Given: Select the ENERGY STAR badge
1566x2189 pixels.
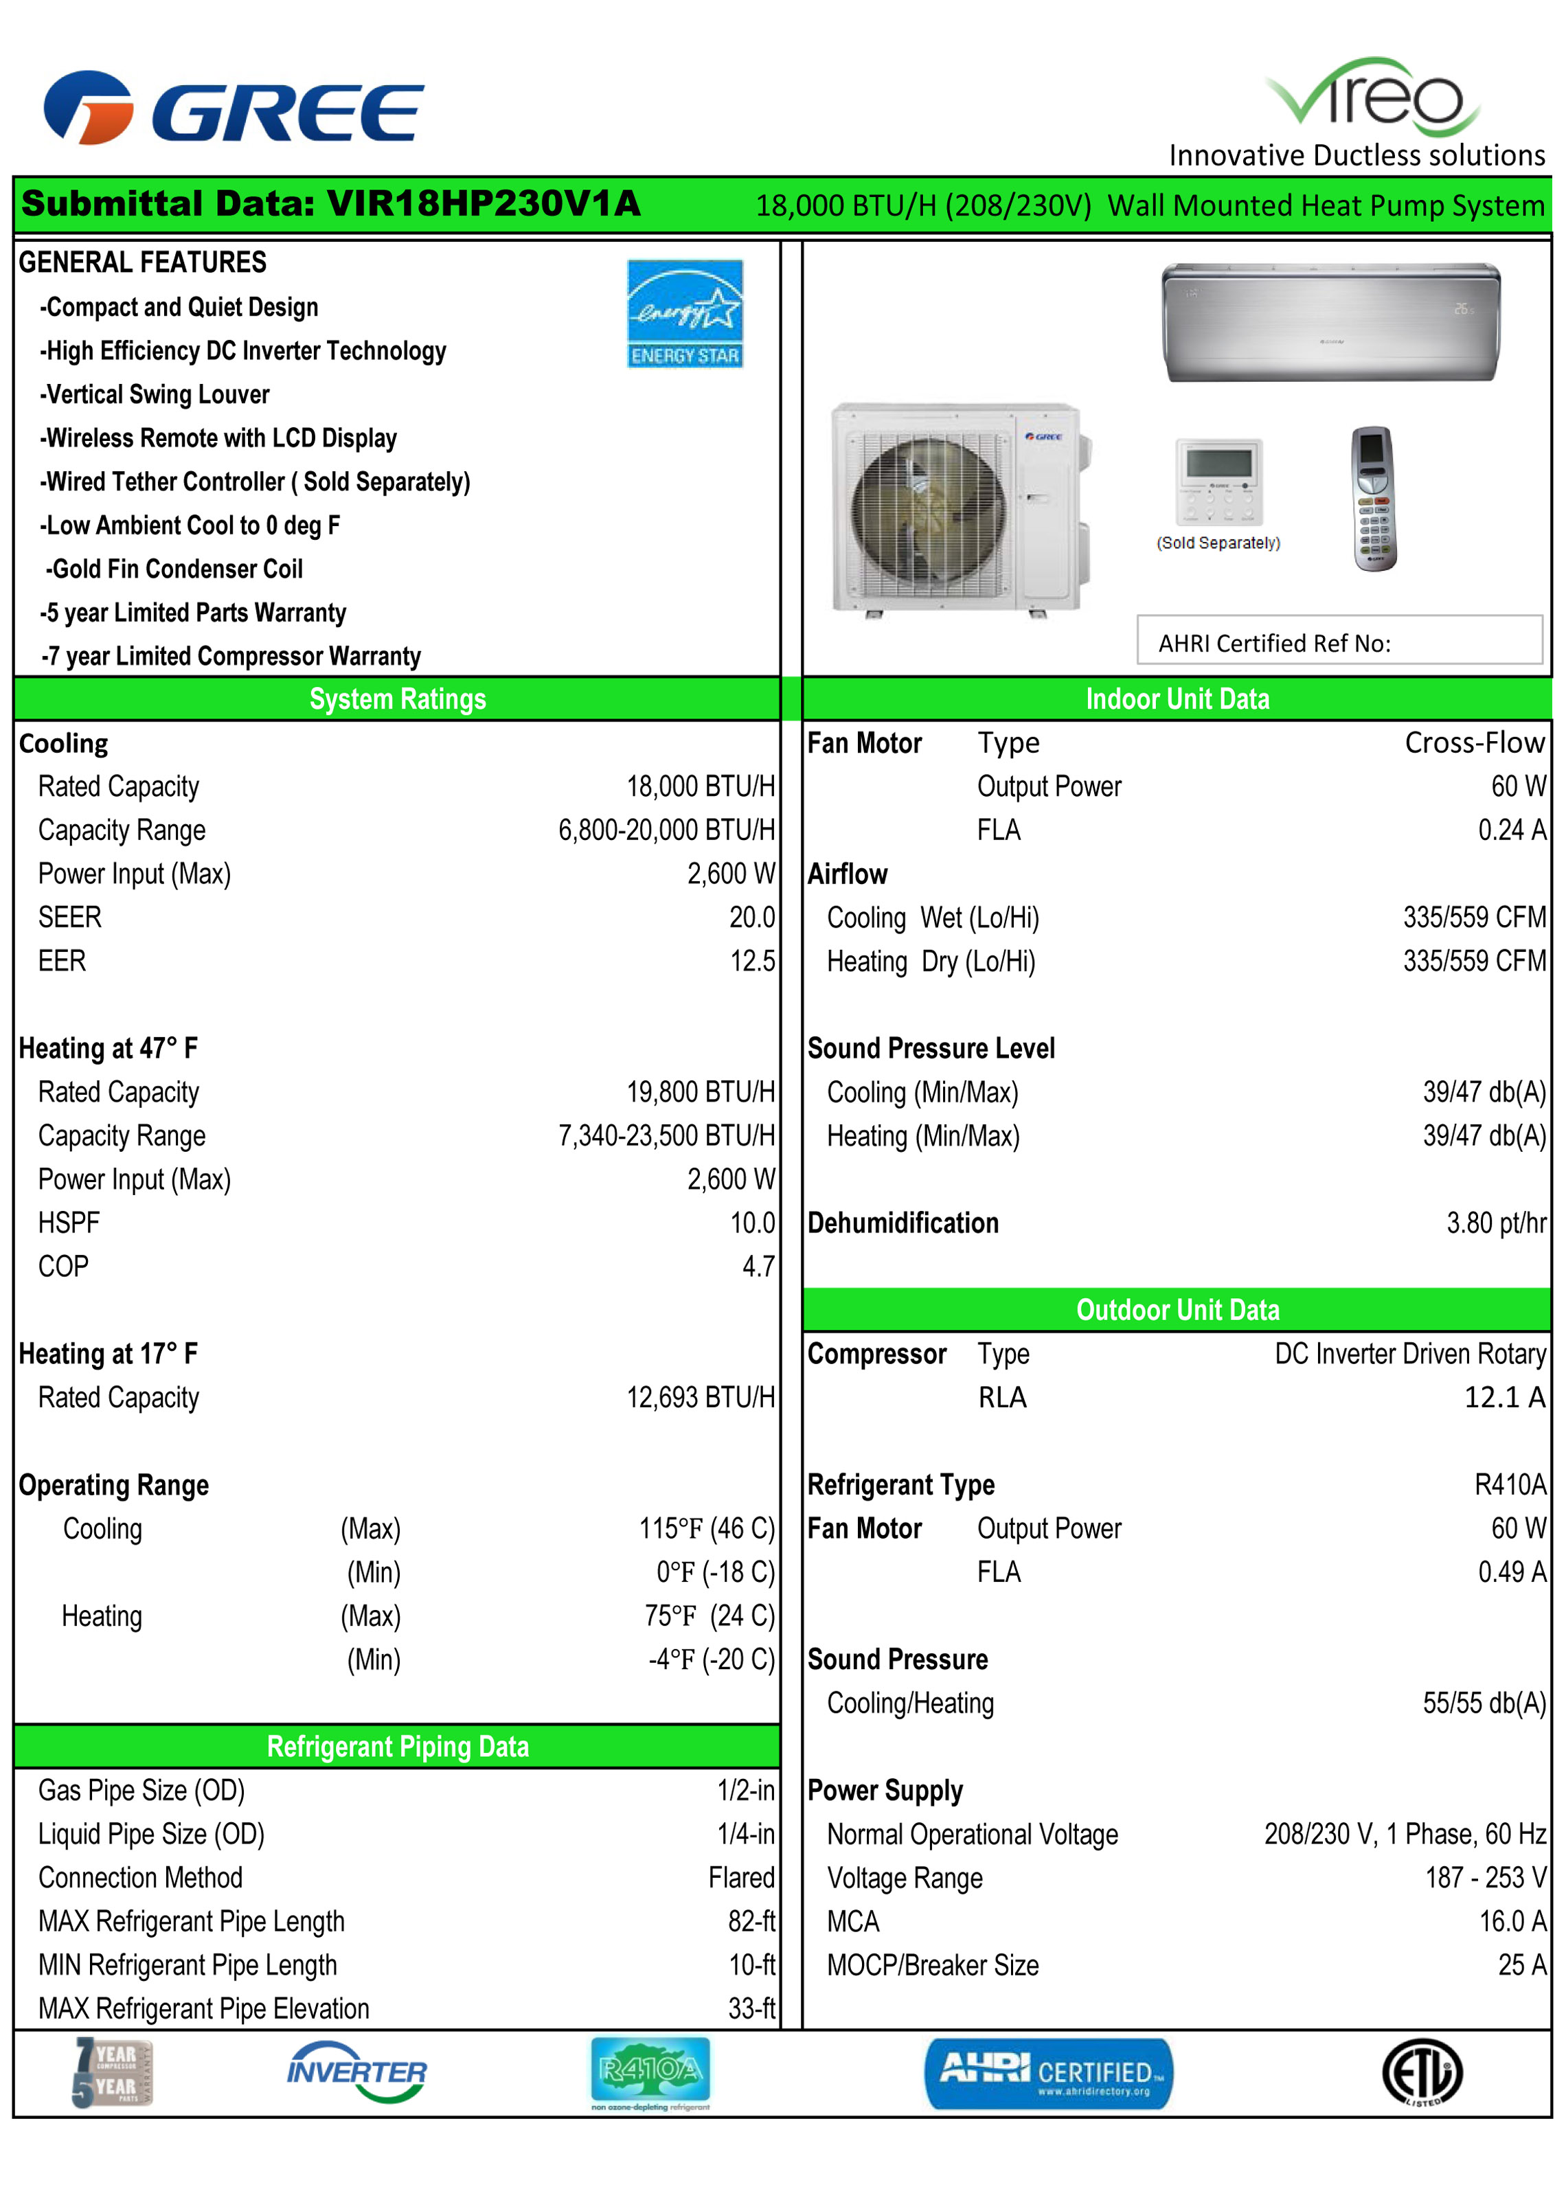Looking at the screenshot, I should click(685, 313).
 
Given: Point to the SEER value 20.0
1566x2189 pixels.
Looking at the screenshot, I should click(751, 917).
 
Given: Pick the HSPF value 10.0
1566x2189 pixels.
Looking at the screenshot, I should click(751, 1223).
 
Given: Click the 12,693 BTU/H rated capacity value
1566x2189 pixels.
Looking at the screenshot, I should click(700, 1397).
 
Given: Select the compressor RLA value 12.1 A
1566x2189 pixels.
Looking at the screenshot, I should click(1503, 1397).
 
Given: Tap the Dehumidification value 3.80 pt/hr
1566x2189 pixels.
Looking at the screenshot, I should click(1496, 1223).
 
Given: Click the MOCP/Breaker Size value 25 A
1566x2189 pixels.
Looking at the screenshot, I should click(1521, 1965).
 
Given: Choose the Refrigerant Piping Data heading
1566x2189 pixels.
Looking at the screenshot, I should click(397, 1747).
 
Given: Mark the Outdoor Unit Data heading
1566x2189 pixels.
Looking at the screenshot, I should click(1177, 1310).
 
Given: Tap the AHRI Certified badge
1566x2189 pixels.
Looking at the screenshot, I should click(1049, 2074).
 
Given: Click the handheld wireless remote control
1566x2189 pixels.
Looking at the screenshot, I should click(1374, 499).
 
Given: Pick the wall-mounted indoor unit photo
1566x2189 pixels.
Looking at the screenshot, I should click(1330, 322).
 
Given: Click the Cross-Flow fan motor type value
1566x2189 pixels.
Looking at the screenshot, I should click(1473, 742).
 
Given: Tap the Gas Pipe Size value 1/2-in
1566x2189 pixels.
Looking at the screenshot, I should click(745, 1791).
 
